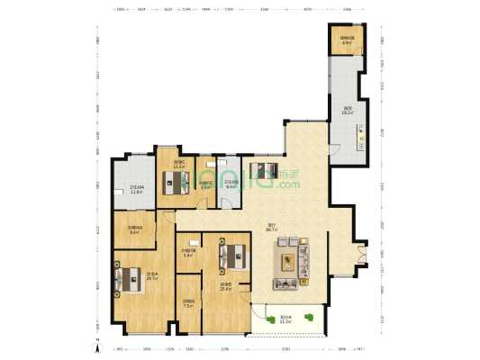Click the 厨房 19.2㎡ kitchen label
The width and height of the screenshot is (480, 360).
tap(347, 111)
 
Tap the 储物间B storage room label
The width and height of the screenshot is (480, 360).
tap(346, 40)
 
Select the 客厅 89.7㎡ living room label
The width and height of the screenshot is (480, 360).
tap(270, 228)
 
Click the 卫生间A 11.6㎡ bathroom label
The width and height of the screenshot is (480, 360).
tap(137, 190)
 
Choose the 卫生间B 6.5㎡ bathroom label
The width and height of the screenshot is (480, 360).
tap(231, 184)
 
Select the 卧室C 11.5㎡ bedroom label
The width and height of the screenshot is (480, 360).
tap(178, 166)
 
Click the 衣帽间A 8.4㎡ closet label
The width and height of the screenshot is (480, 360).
tap(133, 230)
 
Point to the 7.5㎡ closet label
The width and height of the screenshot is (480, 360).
tap(188, 303)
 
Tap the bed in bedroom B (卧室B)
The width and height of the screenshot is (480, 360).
tap(232, 254)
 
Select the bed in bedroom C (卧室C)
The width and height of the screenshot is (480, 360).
tap(171, 183)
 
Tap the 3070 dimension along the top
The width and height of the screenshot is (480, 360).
tap(307, 9)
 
